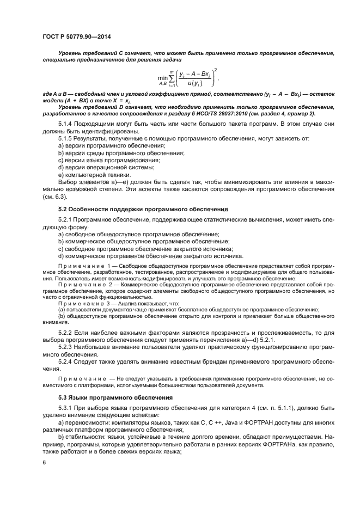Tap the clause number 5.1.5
66,140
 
